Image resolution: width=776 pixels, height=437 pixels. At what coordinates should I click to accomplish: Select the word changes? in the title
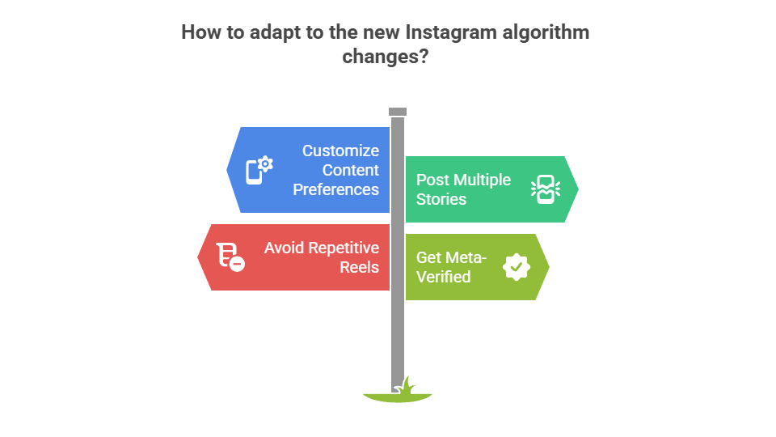(385, 57)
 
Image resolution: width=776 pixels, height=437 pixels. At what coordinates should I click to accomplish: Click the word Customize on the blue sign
(340, 151)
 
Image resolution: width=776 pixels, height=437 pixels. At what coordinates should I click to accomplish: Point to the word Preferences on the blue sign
(335, 189)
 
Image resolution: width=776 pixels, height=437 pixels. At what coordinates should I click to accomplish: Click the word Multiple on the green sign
(482, 180)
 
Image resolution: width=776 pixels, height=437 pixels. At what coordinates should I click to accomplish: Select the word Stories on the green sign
(441, 199)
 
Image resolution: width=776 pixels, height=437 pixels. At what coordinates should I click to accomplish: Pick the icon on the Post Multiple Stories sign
(545, 189)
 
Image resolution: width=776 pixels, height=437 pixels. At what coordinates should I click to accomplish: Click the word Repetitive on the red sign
(341, 248)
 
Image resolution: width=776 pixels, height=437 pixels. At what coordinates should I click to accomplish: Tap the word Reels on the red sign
(360, 267)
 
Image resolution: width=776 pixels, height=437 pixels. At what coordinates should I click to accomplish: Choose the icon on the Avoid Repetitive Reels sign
(230, 257)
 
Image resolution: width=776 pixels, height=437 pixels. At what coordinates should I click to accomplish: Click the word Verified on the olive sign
(443, 277)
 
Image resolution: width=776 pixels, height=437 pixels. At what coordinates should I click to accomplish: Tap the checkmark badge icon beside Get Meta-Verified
(517, 267)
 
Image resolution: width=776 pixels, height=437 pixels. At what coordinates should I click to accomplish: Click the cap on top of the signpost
(398, 112)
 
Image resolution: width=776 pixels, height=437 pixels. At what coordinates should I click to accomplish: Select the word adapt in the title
(265, 32)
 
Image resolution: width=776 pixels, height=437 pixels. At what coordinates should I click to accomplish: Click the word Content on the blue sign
(351, 170)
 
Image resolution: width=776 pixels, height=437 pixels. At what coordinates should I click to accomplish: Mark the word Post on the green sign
(432, 180)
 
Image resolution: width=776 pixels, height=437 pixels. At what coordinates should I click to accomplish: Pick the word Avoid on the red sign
(284, 248)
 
